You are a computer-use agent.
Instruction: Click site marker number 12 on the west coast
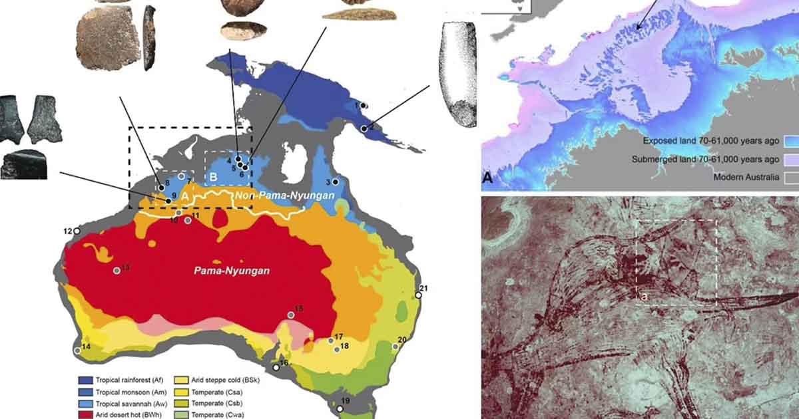pyautogui.click(x=77, y=231)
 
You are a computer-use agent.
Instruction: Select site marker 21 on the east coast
pyautogui.click(x=418, y=295)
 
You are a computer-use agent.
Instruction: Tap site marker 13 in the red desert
pyautogui.click(x=117, y=270)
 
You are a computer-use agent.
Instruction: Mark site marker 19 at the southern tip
pyautogui.click(x=340, y=409)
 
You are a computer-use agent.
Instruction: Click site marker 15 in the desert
pyautogui.click(x=291, y=315)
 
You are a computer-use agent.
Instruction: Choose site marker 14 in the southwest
pyautogui.click(x=78, y=350)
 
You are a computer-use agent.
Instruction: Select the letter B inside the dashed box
pyautogui.click(x=213, y=176)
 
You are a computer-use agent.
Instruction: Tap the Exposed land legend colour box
pyautogui.click(x=789, y=142)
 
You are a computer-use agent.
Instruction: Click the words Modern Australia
pyautogui.click(x=748, y=177)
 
